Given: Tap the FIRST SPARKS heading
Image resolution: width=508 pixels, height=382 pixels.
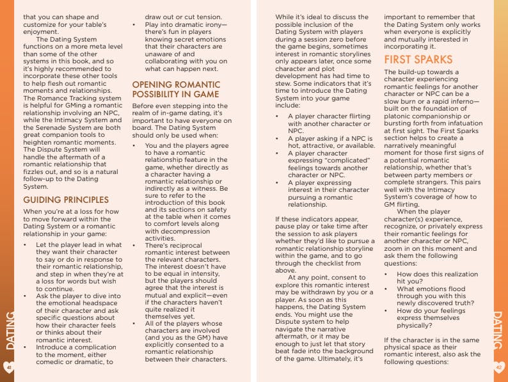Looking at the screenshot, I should pos(418,60).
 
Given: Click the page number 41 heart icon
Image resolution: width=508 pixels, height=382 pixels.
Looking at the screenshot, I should pos(8,368).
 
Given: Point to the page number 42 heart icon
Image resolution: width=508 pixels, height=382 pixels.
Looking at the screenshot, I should pos(500,367).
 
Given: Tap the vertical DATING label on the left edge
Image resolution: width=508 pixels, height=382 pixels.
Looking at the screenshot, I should pos(10,330).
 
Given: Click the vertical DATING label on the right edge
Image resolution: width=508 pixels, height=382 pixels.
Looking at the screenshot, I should pos(498,330).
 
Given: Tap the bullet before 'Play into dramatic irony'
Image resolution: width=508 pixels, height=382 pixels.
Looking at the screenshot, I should pos(135,25).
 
